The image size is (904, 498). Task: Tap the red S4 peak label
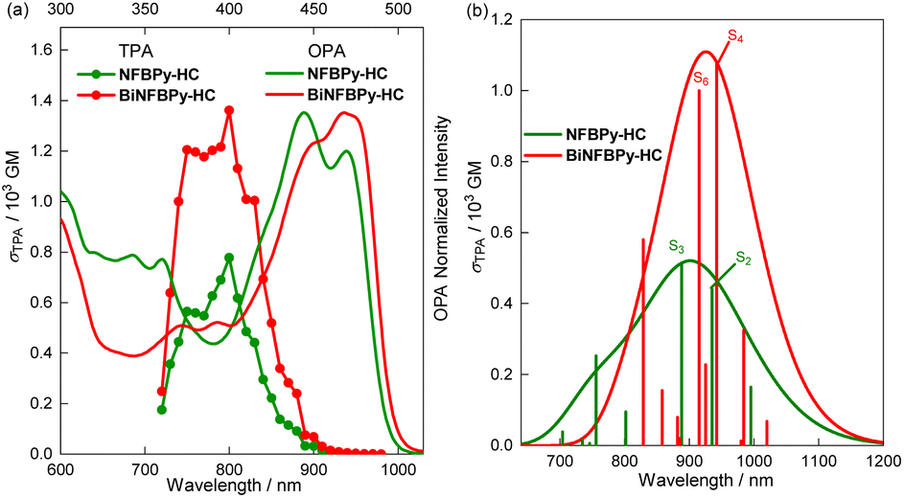(734, 36)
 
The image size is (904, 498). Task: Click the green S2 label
(743, 258)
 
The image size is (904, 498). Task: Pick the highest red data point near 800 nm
(229, 110)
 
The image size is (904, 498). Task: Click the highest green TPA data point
(229, 258)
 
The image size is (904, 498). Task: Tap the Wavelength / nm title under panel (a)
(229, 487)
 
